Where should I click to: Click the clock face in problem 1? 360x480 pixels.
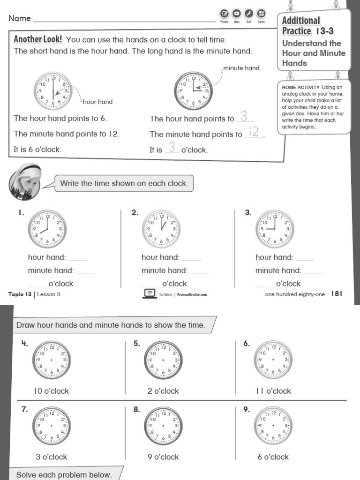click(47, 229)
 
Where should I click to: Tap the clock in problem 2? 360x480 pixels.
click(161, 229)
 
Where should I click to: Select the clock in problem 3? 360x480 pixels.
click(275, 229)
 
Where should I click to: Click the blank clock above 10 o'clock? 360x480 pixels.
click(51, 360)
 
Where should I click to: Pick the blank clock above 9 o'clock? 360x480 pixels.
click(163, 426)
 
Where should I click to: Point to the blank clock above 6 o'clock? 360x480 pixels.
click(273, 426)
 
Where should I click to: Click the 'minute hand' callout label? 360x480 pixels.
click(241, 68)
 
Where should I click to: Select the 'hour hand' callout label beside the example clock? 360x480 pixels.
click(97, 102)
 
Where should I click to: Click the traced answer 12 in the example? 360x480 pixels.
click(254, 132)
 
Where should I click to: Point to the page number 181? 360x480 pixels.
click(337, 294)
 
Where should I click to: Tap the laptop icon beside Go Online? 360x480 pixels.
click(149, 293)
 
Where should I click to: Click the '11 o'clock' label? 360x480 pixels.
click(273, 391)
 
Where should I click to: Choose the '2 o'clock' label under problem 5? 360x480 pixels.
click(163, 391)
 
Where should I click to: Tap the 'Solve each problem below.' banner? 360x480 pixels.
click(65, 474)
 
